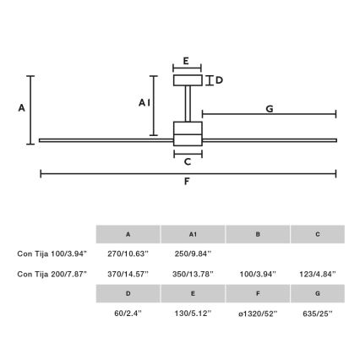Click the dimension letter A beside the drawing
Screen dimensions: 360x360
(22, 108)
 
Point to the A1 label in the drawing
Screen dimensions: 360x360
(144, 101)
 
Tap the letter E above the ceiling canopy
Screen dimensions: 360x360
(187, 62)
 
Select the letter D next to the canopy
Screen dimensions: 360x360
(219, 80)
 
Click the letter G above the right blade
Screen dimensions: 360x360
(269, 108)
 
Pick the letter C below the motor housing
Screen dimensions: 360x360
(188, 161)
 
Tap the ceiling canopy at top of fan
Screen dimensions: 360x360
(188, 80)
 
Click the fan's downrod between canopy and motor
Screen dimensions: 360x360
(188, 103)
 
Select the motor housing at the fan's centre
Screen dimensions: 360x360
(188, 134)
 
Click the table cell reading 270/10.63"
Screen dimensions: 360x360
(128, 253)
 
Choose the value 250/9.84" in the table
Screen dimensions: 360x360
(193, 253)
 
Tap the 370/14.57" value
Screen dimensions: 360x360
(128, 274)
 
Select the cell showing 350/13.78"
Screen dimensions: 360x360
(193, 274)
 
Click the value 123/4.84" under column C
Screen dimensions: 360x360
(317, 274)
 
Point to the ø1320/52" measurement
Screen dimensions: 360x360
(257, 313)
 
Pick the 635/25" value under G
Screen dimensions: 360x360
(317, 313)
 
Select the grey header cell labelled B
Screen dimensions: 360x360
(257, 234)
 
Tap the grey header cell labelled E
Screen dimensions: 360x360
(193, 293)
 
